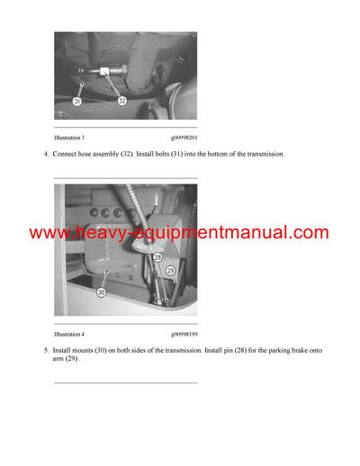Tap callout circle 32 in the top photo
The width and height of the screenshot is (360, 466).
coord(122,101)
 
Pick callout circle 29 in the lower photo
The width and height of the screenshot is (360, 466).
coord(169,271)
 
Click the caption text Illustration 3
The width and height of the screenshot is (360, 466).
coord(69,138)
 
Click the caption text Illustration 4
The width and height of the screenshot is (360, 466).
coord(69,333)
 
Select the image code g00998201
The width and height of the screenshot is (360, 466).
coord(184,138)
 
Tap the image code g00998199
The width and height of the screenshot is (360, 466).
coord(184,333)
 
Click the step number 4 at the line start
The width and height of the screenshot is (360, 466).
coord(45,155)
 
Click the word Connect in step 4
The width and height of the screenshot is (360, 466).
coord(67,155)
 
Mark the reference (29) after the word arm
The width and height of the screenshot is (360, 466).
coord(74,357)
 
